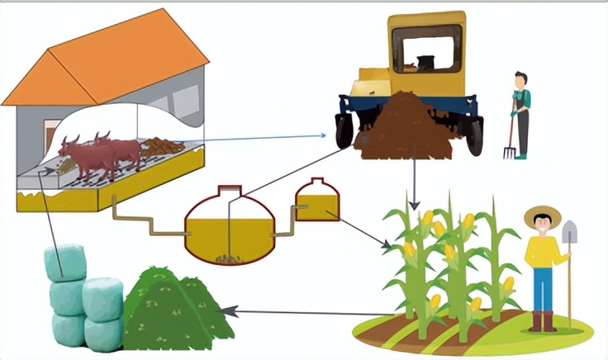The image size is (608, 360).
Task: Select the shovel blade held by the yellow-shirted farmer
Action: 569,232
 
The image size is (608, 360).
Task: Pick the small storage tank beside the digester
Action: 317,201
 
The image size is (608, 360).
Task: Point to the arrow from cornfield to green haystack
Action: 306,312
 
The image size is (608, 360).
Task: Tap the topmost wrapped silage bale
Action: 64,263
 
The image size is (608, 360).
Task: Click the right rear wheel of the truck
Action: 474,136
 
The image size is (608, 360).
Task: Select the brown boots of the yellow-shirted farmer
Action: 543,321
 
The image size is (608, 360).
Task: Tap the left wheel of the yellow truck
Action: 344,130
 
